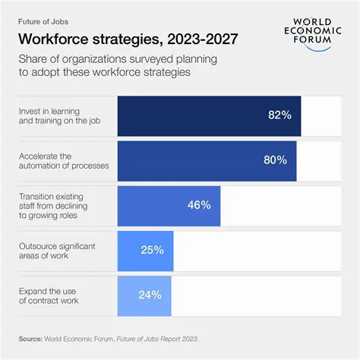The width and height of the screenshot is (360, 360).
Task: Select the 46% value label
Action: coord(199,204)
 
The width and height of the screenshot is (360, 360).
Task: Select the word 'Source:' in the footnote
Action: coord(33,338)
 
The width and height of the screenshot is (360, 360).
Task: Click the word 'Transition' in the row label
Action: coord(36,196)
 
